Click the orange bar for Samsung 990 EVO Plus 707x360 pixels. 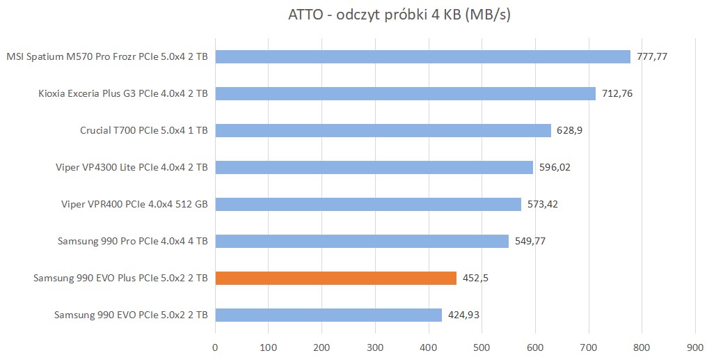pyautogui.click(x=335, y=278)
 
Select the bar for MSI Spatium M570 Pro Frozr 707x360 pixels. pyautogui.click(x=422, y=56)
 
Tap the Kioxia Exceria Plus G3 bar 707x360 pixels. pyautogui.click(x=405, y=93)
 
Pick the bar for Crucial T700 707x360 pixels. pyautogui.click(x=383, y=130)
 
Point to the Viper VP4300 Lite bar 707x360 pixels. pyautogui.click(x=374, y=167)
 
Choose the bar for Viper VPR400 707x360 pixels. pyautogui.click(x=368, y=204)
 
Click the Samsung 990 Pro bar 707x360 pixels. pyautogui.click(x=362, y=241)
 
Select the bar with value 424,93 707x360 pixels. pyautogui.click(x=328, y=315)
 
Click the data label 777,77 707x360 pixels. pyautogui.click(x=652, y=56)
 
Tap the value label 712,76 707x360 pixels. pyautogui.click(x=617, y=93)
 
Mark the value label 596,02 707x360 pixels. pyautogui.click(x=555, y=167)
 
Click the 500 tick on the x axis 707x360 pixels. pyautogui.click(x=482, y=346)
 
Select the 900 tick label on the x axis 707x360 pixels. pyautogui.click(x=694, y=346)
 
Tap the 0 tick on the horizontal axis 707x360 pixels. pyautogui.click(x=215, y=346)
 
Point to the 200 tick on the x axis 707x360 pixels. pyautogui.click(x=321, y=346)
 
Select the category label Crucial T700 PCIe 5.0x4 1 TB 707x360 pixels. pyautogui.click(x=144, y=130)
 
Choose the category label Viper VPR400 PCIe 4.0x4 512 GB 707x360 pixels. pyautogui.click(x=135, y=204)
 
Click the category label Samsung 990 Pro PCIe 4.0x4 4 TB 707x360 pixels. pyautogui.click(x=133, y=241)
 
